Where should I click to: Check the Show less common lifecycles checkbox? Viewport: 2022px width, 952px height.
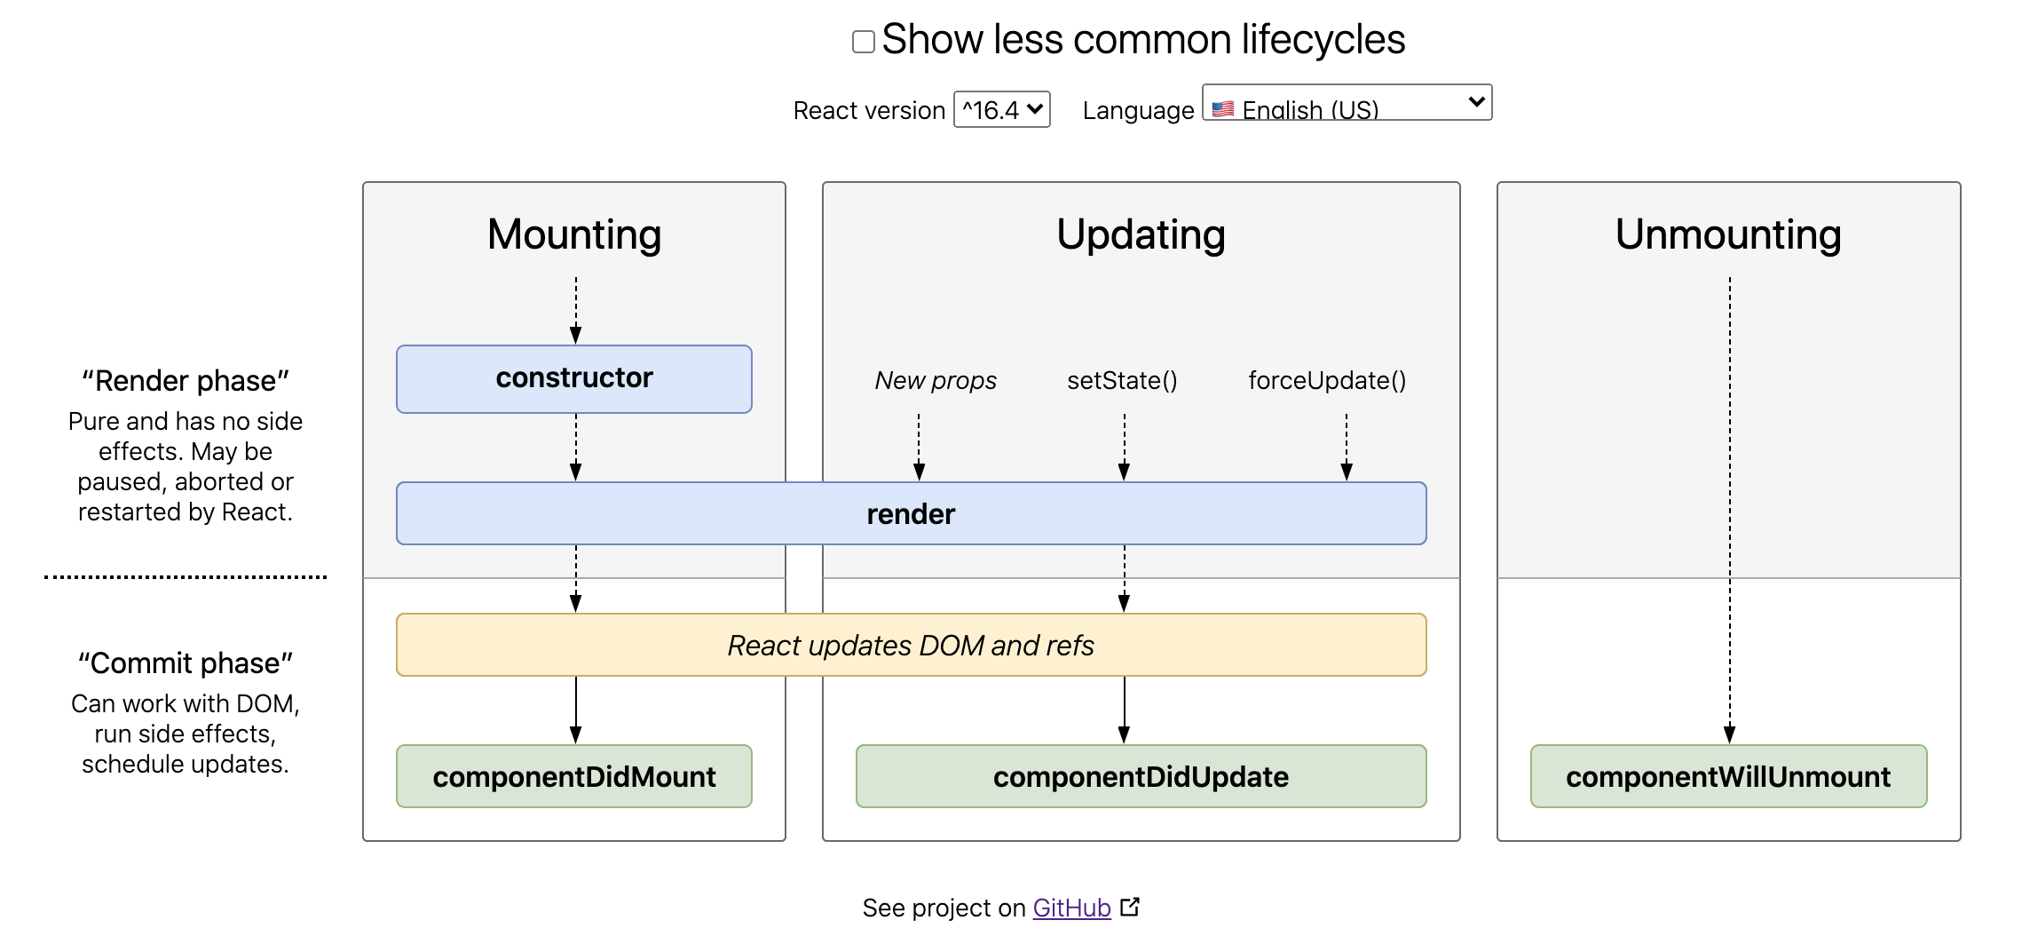click(x=864, y=42)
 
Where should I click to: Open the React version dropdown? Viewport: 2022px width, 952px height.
click(x=1002, y=109)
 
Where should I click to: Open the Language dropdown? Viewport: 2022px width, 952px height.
click(x=1347, y=102)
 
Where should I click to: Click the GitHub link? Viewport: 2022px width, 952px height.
click(x=1071, y=908)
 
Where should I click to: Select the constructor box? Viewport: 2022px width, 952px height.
click(x=574, y=379)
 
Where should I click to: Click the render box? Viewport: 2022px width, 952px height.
click(x=912, y=513)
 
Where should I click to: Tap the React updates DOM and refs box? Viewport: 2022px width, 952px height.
click(x=912, y=645)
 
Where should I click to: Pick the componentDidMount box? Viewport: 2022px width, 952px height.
click(x=574, y=776)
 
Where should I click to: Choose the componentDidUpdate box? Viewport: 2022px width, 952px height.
click(x=1141, y=776)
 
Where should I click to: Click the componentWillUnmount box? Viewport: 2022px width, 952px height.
click(x=1729, y=776)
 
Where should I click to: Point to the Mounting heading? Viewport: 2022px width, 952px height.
click(x=574, y=235)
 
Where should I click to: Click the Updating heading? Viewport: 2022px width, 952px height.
click(x=1141, y=235)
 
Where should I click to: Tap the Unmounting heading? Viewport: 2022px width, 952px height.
click(x=1728, y=235)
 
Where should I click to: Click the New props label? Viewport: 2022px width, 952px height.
click(x=936, y=381)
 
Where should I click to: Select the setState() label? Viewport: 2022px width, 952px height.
click(x=1122, y=381)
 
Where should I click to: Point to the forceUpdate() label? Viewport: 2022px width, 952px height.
click(x=1327, y=381)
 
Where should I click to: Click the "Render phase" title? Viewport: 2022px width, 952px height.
click(x=186, y=381)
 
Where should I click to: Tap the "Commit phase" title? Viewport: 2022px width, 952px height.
click(x=186, y=663)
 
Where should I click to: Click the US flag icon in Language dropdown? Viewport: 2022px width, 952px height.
click(x=1223, y=109)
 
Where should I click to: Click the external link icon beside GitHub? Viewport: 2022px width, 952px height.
click(x=1130, y=907)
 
